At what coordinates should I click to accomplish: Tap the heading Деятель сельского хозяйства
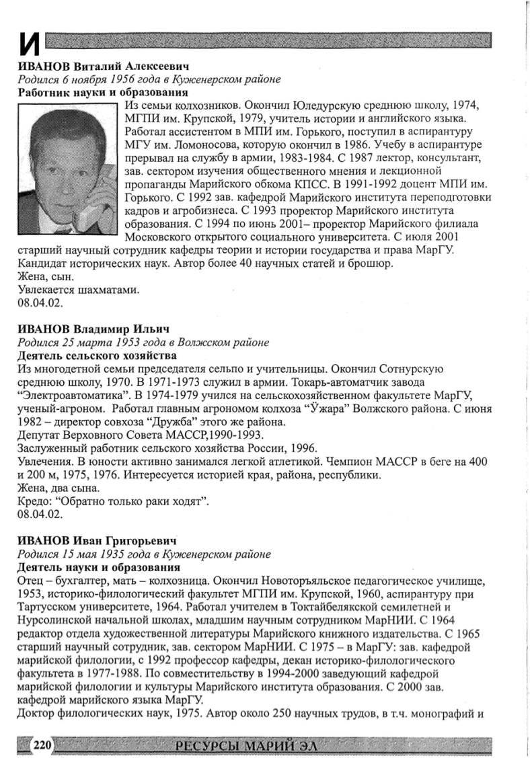coord(96,355)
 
